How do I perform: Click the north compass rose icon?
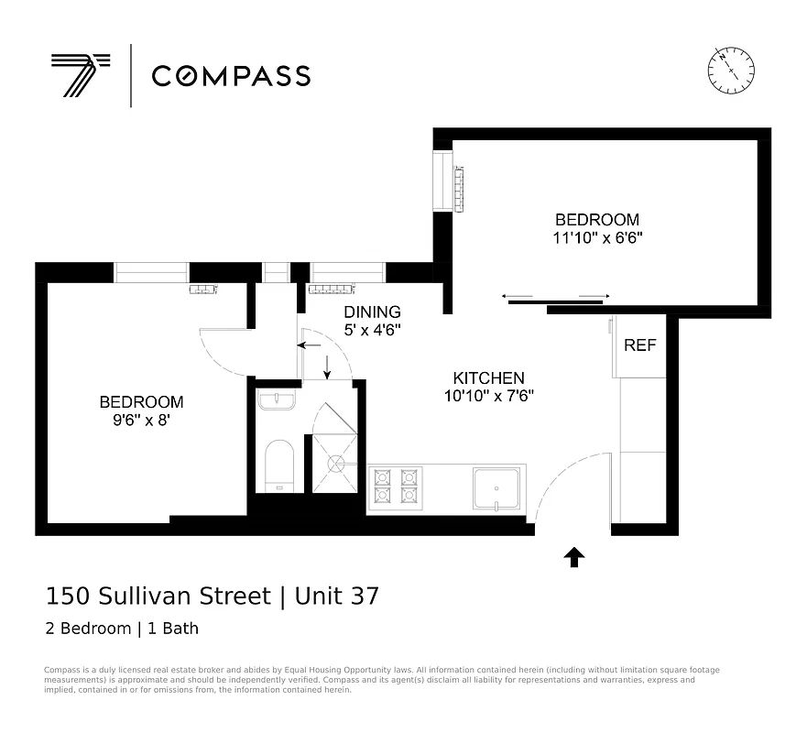point(730,71)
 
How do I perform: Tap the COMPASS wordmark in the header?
point(231,75)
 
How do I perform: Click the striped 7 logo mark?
point(80,74)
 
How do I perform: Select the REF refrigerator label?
point(639,345)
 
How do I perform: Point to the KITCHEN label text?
point(489,377)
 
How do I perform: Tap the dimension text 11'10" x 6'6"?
point(596,238)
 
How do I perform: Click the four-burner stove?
point(395,487)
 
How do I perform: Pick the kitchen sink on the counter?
point(498,487)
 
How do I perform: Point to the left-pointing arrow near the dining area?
point(310,345)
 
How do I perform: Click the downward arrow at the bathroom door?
point(327,366)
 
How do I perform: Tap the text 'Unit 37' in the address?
point(333,596)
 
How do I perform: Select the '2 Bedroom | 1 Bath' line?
point(122,629)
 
